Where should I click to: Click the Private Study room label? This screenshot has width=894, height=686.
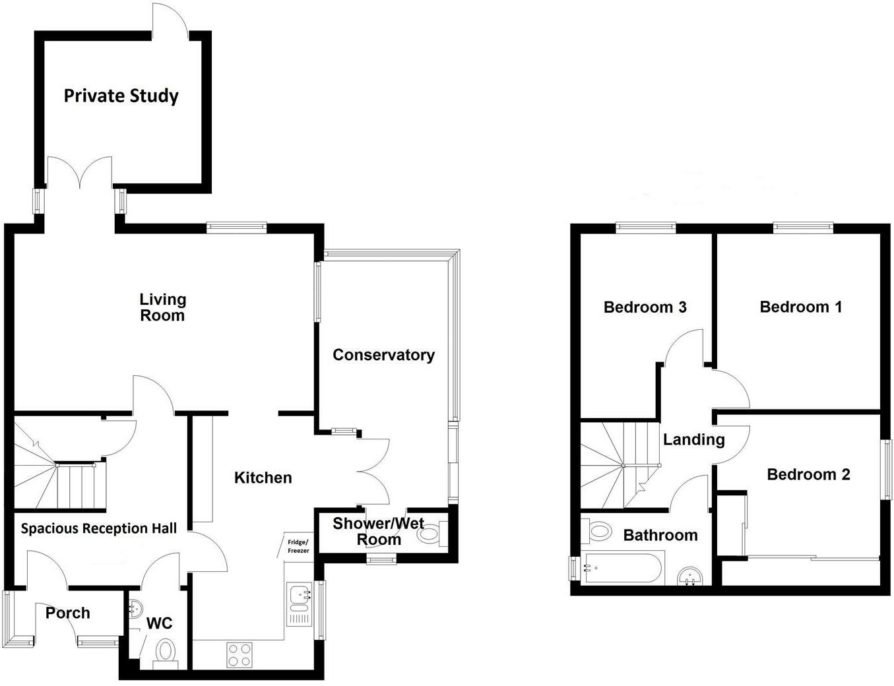(121, 96)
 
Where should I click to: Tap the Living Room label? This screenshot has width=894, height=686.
(162, 307)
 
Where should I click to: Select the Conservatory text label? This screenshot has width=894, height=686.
(383, 355)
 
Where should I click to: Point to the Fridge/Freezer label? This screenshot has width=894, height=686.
(298, 546)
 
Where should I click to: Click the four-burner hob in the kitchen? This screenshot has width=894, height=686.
(239, 655)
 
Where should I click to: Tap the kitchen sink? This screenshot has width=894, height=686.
(299, 604)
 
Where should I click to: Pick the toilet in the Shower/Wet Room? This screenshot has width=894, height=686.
(432, 534)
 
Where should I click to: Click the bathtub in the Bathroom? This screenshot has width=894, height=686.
(622, 568)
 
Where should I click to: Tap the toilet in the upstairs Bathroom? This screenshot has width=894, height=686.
(596, 532)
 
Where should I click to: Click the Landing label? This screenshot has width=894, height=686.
(694, 440)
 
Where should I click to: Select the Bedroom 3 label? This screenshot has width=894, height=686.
(645, 307)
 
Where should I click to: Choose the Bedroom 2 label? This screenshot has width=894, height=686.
(808, 475)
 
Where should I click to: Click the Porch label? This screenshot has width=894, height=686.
(68, 613)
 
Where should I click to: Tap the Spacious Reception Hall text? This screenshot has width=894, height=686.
(99, 528)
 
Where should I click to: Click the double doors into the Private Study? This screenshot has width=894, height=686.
(80, 173)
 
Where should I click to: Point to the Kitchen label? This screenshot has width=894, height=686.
(263, 478)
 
